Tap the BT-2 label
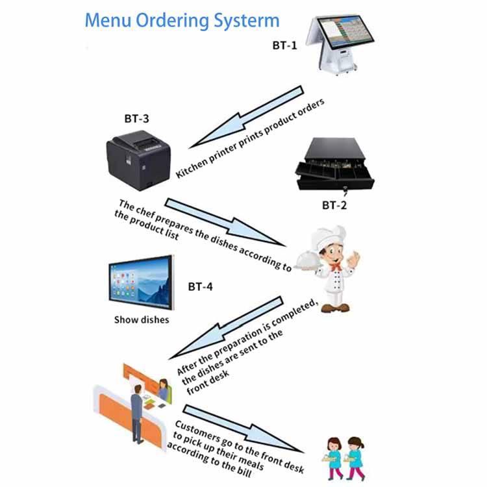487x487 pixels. (x=335, y=205)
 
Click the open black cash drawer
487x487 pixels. (x=335, y=164)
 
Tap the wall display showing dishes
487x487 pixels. (x=141, y=285)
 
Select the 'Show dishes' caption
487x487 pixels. (x=142, y=319)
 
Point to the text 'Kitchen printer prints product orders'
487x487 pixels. (x=251, y=139)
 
